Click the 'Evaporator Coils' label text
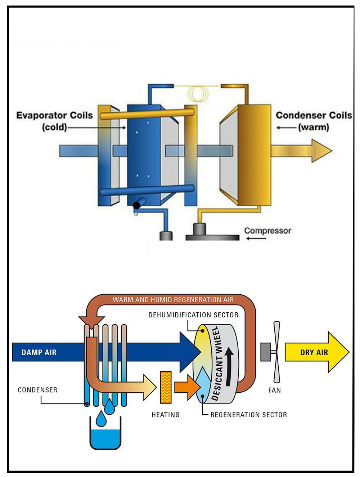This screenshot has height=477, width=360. coord(54,115)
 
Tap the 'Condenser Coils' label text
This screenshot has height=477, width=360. coord(314,115)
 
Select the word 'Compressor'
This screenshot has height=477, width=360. coord(267,231)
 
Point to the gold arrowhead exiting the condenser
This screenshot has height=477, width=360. coord(321,151)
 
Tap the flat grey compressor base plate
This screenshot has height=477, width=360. coord(212,237)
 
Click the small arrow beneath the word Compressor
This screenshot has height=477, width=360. coord(256,239)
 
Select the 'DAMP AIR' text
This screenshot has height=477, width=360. coord(39,352)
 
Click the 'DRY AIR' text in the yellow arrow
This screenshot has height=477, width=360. coord(314,352)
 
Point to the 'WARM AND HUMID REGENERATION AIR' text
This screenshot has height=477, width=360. coord(173,300)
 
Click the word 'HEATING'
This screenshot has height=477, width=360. coord(166,415)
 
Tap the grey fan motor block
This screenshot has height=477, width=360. coord(266,352)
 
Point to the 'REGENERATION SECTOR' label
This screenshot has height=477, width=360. coord(249,415)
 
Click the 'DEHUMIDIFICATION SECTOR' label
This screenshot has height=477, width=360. coord(193,315)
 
